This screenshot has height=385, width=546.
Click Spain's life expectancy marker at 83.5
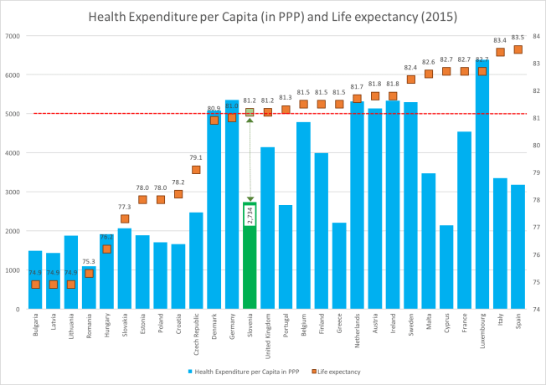pyautogui.click(x=518, y=49)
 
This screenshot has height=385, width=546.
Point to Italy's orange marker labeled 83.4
pyautogui.click(x=500, y=52)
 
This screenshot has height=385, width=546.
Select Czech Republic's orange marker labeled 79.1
pyautogui.click(x=196, y=169)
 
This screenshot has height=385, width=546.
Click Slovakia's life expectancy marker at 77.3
pyautogui.click(x=124, y=218)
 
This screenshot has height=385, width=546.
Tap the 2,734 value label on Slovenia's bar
pyautogui.click(x=250, y=214)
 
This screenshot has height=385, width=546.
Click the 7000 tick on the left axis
pyautogui.click(x=13, y=36)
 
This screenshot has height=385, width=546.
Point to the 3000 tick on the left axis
pyautogui.click(x=13, y=192)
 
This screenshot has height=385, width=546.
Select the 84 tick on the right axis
pyautogui.click(x=535, y=36)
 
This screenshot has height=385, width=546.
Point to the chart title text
pyautogui.click(x=273, y=15)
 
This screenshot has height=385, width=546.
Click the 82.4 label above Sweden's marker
pyautogui.click(x=410, y=68)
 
